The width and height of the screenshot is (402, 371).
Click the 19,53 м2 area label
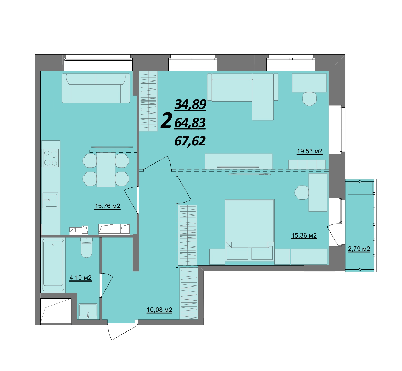[310, 151]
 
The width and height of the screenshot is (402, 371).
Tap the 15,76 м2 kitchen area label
[108, 206]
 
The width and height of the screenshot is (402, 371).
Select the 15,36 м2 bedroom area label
[304, 236]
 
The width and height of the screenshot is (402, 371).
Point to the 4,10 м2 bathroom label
[80, 278]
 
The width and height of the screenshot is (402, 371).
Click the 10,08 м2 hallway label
[159, 310]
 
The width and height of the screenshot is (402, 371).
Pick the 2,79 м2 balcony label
[359, 249]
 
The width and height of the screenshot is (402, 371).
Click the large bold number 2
[166, 120]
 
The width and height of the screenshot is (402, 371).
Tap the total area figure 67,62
[190, 141]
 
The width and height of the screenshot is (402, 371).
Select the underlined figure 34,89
[191, 105]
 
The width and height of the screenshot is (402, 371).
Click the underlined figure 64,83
[190, 123]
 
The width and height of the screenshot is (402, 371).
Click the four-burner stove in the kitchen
[51, 158]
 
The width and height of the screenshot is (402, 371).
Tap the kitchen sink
[50, 200]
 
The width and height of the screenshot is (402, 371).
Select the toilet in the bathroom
[86, 248]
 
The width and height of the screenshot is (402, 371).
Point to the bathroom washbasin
[88, 311]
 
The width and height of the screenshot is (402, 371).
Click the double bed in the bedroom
[250, 230]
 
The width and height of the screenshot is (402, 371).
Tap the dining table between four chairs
[106, 169]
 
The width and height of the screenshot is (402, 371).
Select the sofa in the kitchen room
[96, 88]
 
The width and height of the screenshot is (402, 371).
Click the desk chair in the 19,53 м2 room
[310, 99]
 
